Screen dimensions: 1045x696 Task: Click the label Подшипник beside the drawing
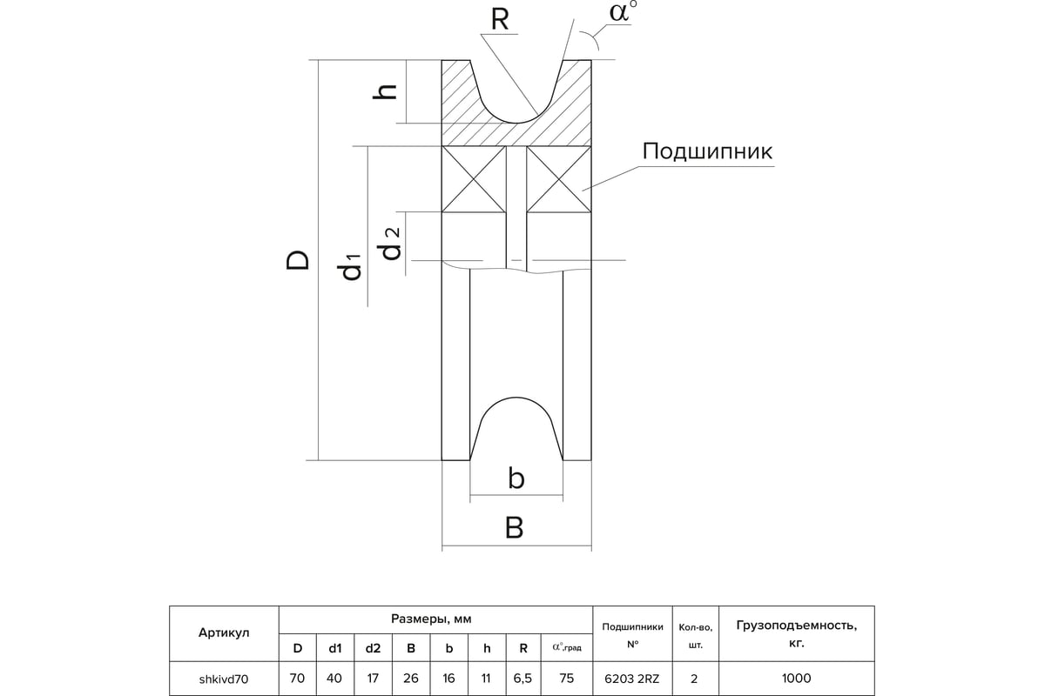coord(707,151)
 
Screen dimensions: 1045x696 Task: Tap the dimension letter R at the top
coord(500,20)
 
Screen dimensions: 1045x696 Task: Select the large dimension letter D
coord(298,260)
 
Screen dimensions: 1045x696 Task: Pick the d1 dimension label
coord(351,266)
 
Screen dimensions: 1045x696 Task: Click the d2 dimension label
coord(391,243)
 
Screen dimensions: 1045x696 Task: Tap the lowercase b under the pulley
coord(516,478)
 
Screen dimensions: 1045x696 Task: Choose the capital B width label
coord(514,528)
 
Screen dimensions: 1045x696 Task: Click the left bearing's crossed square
coord(474,179)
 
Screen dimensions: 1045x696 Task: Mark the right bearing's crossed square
coord(559,179)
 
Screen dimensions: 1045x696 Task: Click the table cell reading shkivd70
coord(224,679)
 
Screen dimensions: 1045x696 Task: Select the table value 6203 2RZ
coord(632,679)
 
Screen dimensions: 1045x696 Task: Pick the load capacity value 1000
coord(796,679)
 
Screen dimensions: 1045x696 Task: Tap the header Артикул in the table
coord(224,632)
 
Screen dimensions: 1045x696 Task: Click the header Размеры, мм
coord(431,619)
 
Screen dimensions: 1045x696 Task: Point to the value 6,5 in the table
coord(522,679)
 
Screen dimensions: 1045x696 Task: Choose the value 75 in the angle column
coord(566,679)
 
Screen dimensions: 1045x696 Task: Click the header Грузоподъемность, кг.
coord(796,634)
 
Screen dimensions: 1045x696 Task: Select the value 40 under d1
coord(334,679)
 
